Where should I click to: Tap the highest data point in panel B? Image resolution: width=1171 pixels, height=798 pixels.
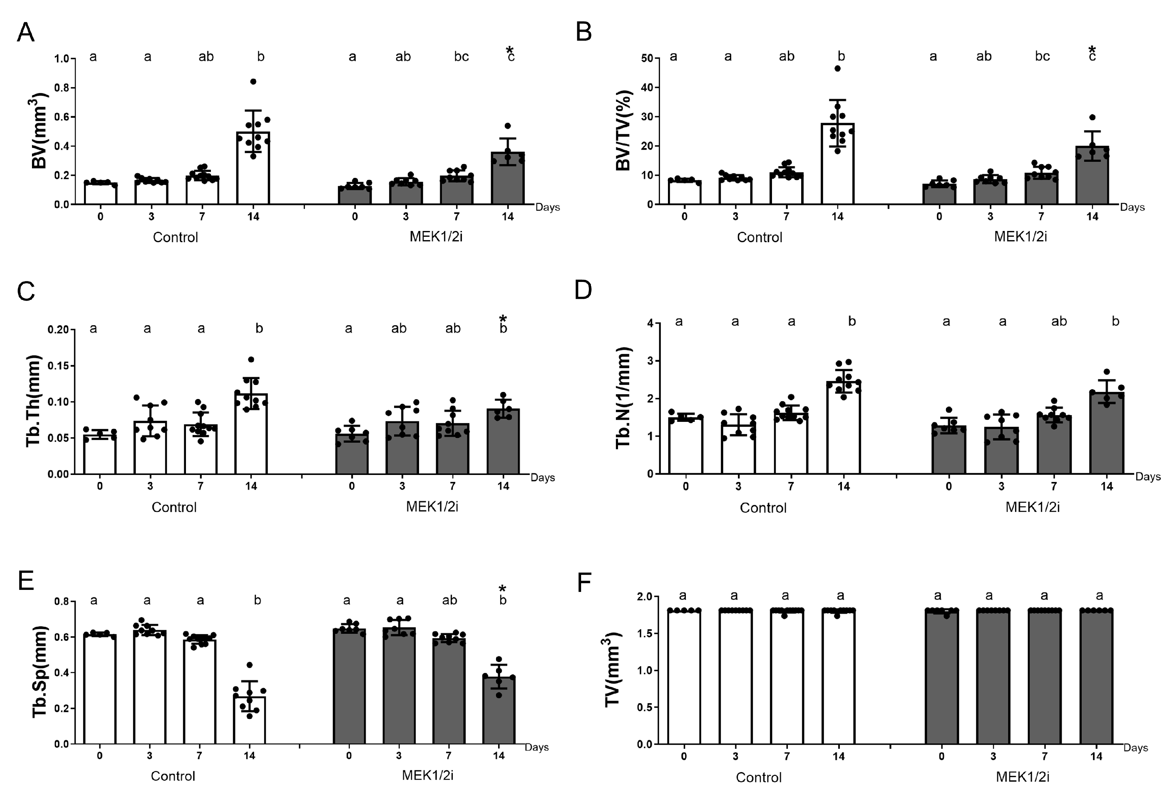click(837, 69)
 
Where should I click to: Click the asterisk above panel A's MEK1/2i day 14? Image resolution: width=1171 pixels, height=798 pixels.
click(510, 50)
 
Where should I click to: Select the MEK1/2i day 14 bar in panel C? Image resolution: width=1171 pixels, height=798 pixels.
click(503, 441)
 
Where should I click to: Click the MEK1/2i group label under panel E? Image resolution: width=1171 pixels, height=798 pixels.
click(427, 776)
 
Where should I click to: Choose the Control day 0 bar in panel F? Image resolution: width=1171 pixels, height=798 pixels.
click(684, 677)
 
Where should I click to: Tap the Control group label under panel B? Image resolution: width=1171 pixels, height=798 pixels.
click(759, 237)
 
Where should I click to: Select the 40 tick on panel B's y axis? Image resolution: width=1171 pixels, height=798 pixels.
click(647, 88)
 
